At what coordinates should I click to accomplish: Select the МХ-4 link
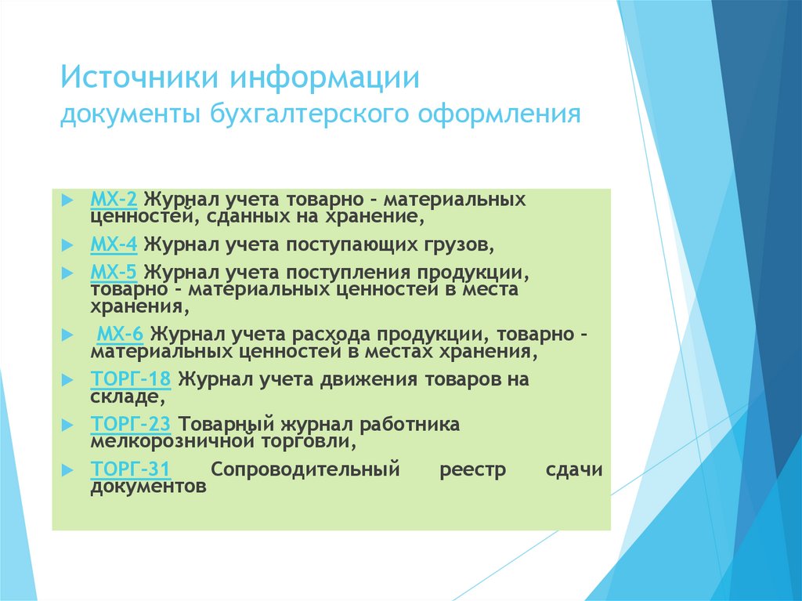114,244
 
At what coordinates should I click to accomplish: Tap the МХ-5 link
114,273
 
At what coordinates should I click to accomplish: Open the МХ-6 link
120,335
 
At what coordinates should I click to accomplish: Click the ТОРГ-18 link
131,380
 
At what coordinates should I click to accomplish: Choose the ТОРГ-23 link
131,425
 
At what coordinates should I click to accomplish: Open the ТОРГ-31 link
131,469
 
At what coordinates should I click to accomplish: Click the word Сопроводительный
305,470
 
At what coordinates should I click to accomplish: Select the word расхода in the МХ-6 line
330,335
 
